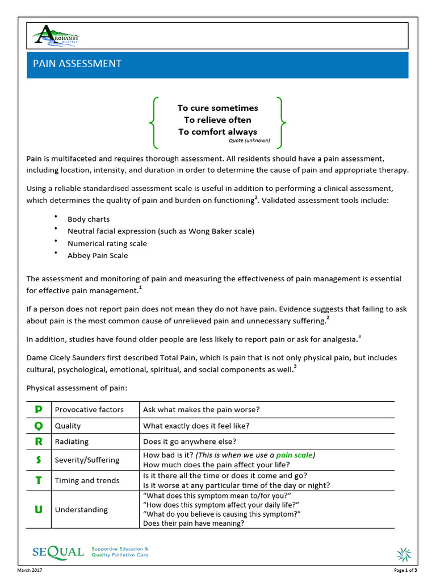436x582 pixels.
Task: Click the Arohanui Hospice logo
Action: [x=56, y=36]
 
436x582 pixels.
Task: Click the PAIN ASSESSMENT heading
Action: [x=77, y=64]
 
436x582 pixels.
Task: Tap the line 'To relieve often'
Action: [x=217, y=120]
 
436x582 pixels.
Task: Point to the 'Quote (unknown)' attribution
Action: [x=249, y=140]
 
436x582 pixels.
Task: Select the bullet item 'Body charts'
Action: [x=89, y=219]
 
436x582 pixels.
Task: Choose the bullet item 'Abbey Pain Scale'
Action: [x=98, y=255]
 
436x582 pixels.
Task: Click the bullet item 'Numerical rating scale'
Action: [x=107, y=243]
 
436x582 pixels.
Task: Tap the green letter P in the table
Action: [x=39, y=409]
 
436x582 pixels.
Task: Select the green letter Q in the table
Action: [x=39, y=426]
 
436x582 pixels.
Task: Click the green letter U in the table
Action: [x=39, y=509]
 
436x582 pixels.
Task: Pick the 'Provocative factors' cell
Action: [x=89, y=410]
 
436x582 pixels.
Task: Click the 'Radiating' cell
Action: [x=72, y=442]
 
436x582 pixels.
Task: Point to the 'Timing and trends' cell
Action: [x=87, y=480]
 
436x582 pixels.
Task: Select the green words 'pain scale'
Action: [x=294, y=455]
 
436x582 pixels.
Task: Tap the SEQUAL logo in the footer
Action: [x=58, y=552]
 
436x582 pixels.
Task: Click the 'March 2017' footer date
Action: [x=30, y=570]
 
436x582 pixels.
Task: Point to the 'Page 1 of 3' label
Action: [x=405, y=570]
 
